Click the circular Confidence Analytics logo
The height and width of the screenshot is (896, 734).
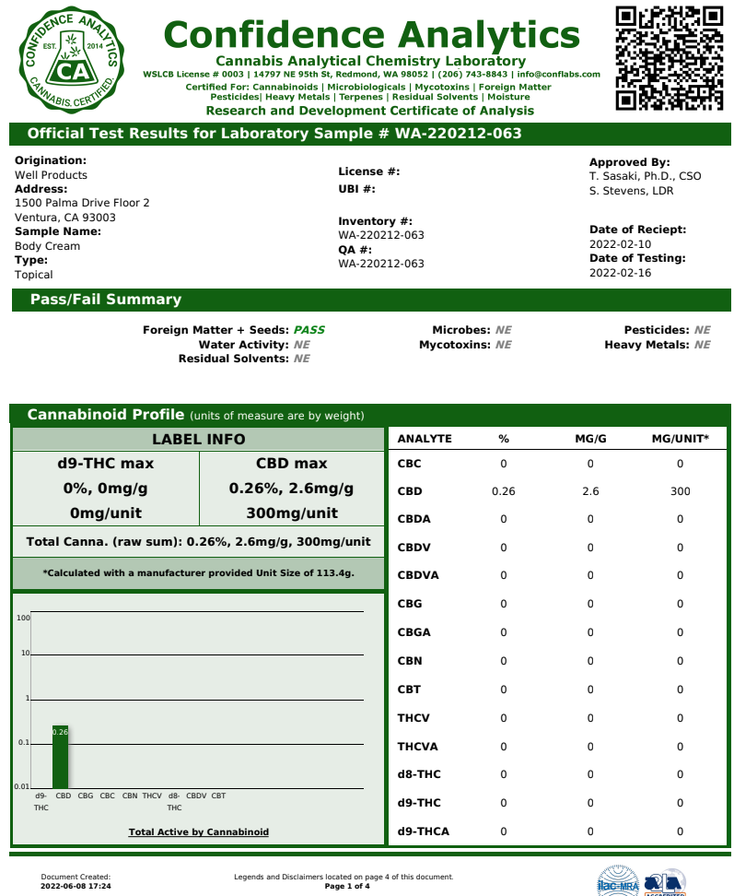[69, 59]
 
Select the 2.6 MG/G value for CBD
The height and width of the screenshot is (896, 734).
[590, 491]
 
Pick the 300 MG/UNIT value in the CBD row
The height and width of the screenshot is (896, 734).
[680, 491]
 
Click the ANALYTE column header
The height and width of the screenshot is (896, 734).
[425, 439]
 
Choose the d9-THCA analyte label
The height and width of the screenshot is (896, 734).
[423, 831]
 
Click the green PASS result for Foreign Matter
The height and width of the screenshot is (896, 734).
[309, 330]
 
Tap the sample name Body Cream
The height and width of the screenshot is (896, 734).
[47, 246]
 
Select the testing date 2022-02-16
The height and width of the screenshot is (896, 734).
[620, 273]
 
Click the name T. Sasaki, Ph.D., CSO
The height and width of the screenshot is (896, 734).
[645, 176]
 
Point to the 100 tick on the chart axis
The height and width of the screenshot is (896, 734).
[23, 618]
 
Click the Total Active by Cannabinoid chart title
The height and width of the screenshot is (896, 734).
[199, 832]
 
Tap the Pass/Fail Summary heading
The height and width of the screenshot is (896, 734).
[106, 300]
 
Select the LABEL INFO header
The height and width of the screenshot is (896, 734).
[198, 440]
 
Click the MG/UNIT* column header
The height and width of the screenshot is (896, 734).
[680, 439]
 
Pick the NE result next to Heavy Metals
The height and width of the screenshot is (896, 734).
[702, 345]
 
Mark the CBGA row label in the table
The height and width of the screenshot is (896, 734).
[414, 632]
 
